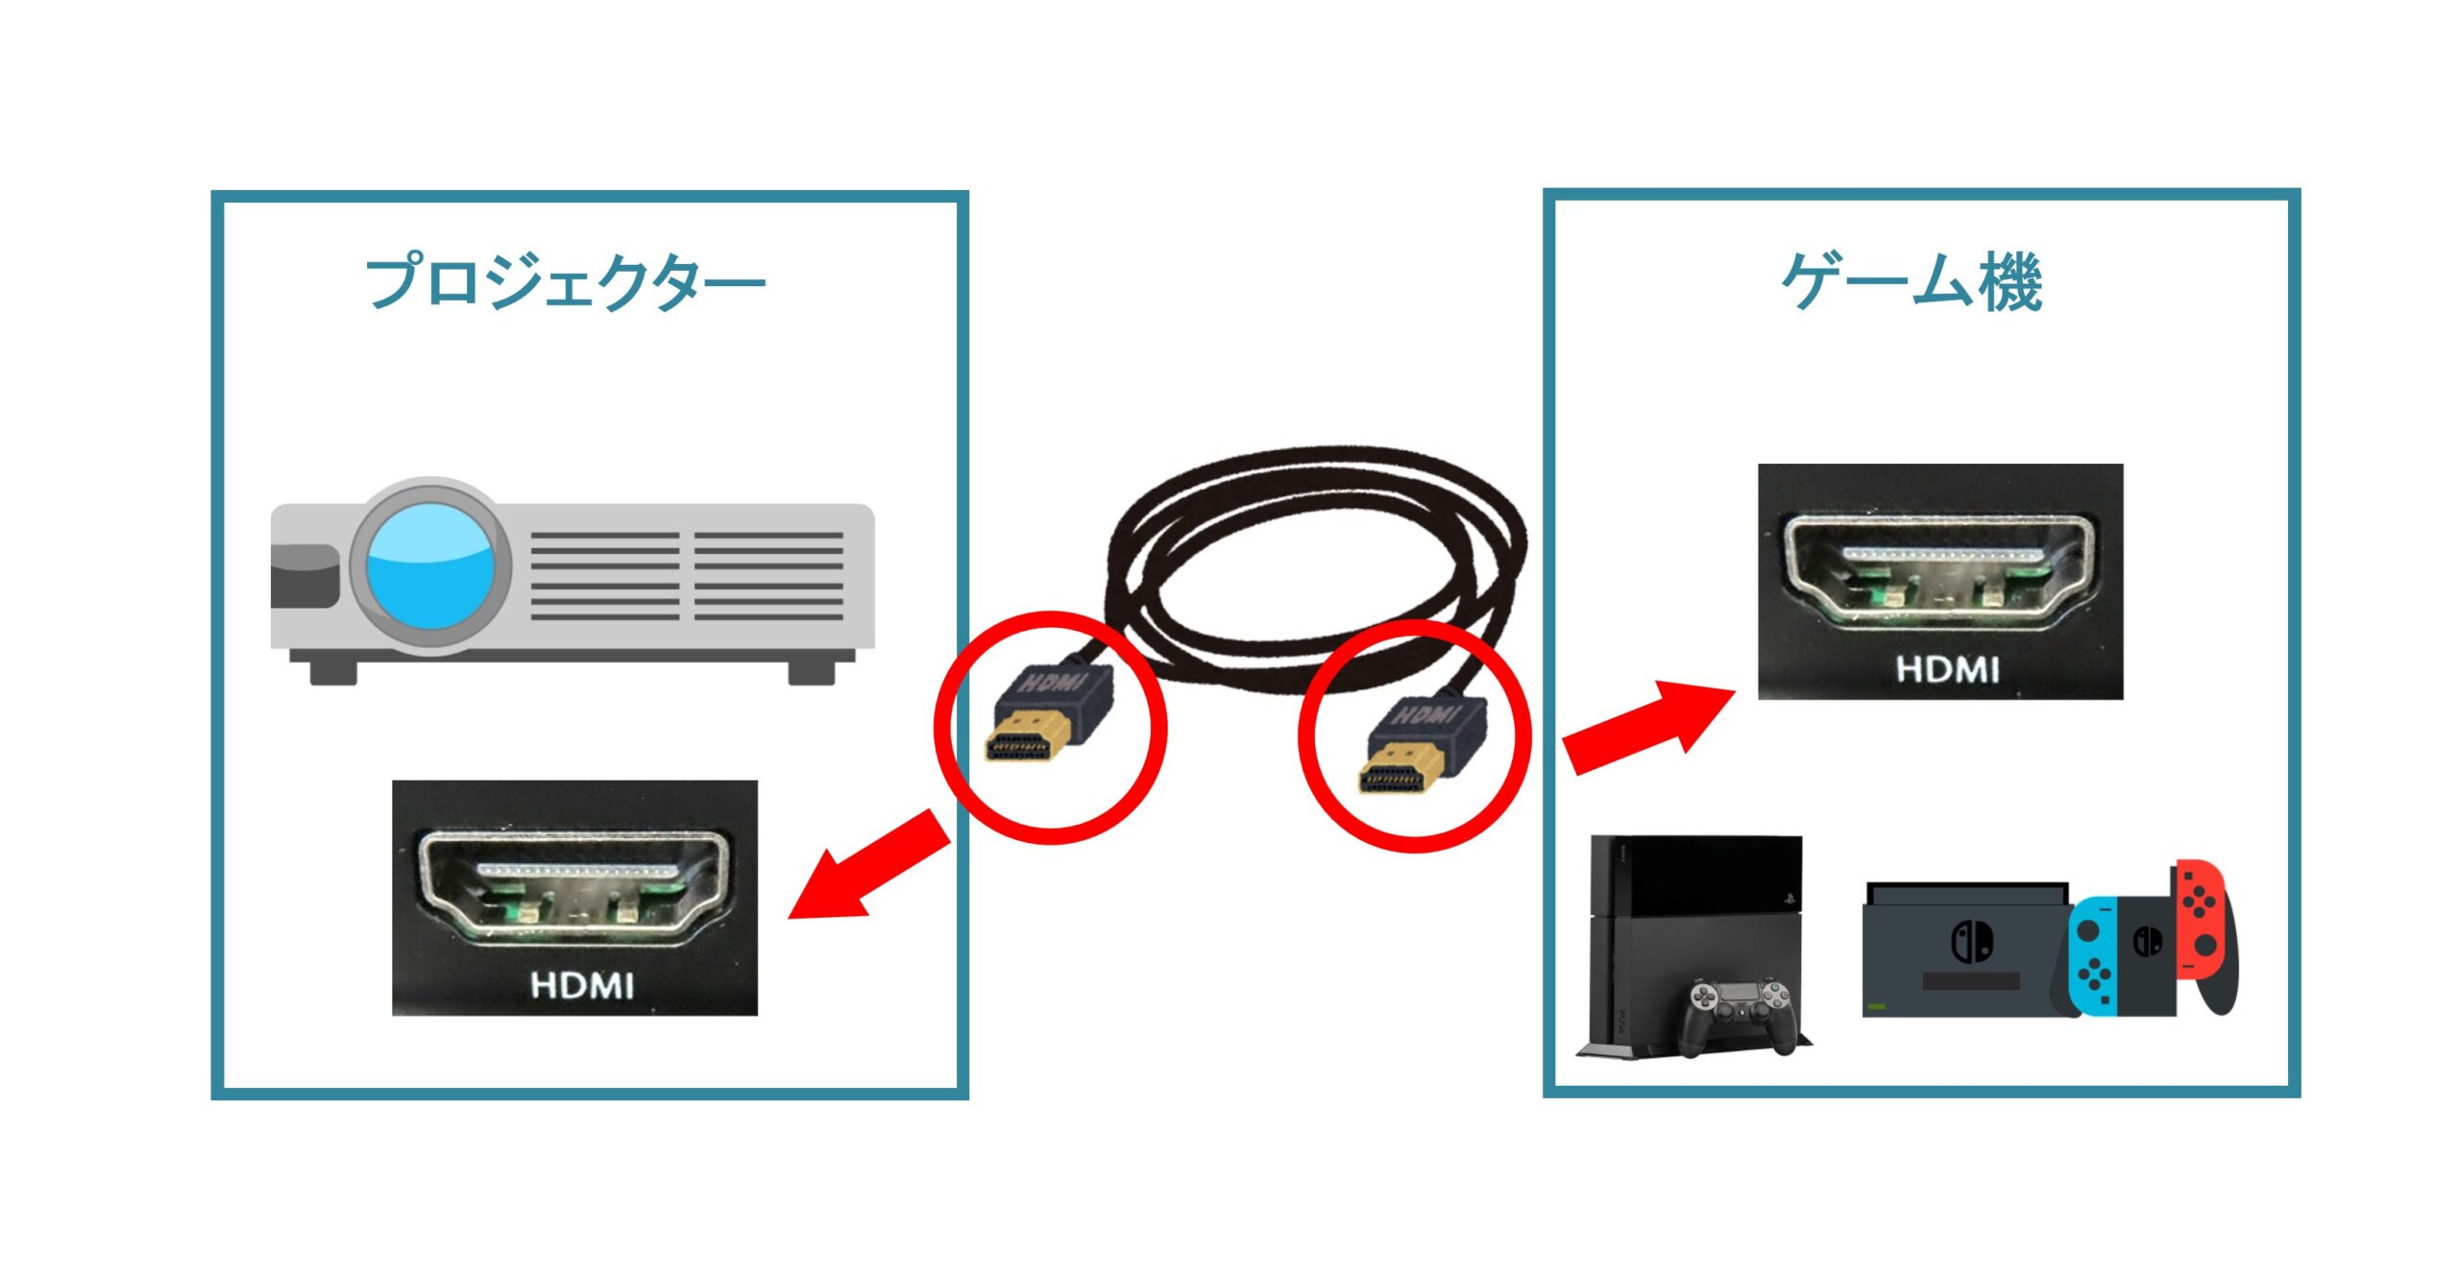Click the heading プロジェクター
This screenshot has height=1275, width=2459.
(565, 282)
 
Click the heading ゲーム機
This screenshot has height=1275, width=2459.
(1911, 282)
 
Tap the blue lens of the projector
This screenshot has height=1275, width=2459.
(430, 568)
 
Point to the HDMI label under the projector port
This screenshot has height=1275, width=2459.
(581, 985)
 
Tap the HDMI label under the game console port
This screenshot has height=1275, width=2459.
(1947, 669)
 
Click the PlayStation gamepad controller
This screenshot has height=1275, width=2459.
(1741, 1015)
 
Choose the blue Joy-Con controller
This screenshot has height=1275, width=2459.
(2091, 955)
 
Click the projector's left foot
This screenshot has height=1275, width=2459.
(333, 669)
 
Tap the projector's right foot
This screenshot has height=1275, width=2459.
(812, 669)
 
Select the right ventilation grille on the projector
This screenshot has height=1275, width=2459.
(768, 575)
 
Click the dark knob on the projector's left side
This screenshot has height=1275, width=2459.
(304, 576)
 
